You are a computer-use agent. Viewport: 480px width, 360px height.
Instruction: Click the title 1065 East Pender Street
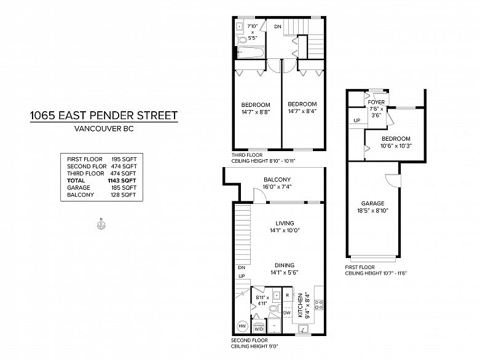click(104, 115)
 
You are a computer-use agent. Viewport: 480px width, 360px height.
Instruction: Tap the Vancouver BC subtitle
click(104, 129)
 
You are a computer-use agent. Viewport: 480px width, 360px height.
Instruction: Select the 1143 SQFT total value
click(122, 181)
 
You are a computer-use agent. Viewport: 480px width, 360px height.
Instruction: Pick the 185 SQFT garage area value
click(124, 187)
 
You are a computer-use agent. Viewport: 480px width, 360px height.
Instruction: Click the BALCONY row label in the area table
click(81, 195)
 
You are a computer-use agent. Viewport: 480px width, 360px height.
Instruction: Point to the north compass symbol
click(101, 224)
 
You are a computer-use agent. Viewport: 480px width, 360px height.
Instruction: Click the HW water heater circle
click(242, 326)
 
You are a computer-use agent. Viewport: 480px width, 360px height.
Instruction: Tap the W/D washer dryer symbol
click(259, 327)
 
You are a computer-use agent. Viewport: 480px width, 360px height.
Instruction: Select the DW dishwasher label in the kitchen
click(287, 313)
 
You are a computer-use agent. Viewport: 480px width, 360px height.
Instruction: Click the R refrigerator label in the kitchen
click(288, 295)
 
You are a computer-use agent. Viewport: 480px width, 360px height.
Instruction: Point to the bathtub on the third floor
click(250, 53)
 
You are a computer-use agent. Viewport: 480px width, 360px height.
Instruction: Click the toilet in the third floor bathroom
click(242, 40)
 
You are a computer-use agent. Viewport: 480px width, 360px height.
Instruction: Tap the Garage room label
click(372, 203)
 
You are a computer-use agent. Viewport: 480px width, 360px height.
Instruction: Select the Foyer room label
click(376, 103)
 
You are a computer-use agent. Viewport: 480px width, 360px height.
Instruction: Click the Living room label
click(285, 223)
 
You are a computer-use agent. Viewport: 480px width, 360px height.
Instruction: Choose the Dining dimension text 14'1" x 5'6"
click(285, 273)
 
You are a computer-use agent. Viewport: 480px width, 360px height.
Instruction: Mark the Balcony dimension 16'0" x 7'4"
click(277, 187)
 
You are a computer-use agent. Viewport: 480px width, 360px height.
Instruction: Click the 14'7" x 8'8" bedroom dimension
click(256, 112)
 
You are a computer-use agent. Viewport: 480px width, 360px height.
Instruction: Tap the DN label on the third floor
click(278, 27)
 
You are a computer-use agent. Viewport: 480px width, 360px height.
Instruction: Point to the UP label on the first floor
click(357, 120)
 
